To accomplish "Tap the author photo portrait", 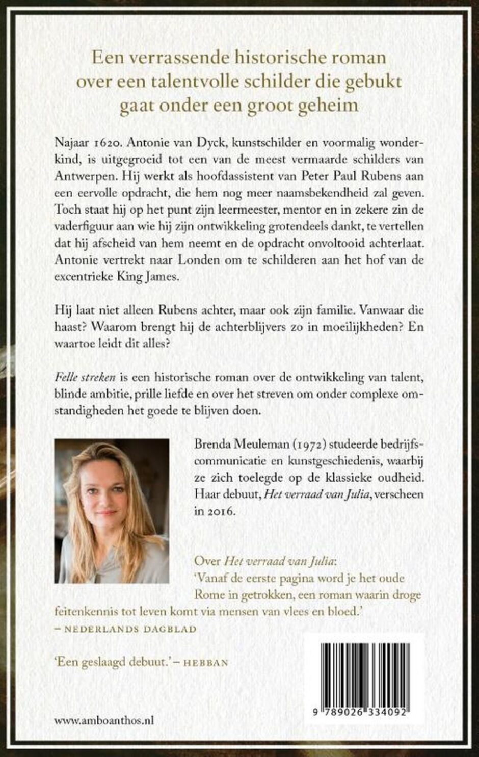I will tap(112, 511).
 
